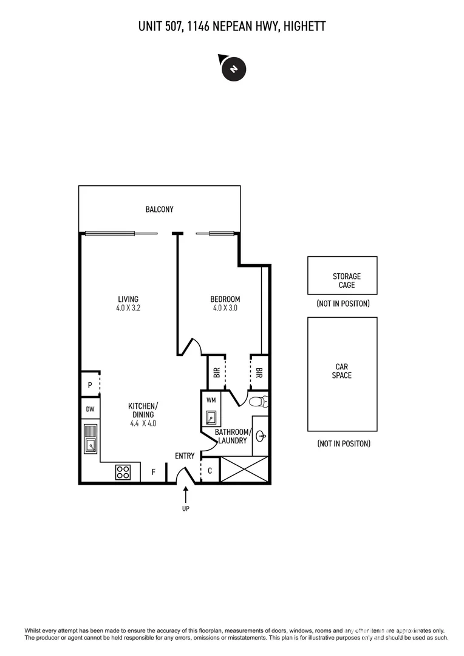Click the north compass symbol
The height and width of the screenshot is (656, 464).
tap(233, 68)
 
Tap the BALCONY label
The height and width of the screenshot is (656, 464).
tap(159, 210)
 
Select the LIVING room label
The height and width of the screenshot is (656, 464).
tap(128, 299)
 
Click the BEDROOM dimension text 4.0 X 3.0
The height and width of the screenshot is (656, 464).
tap(225, 308)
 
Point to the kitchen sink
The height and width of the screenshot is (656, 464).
tap(90, 439)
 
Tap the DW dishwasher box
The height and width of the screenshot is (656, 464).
tap(89, 409)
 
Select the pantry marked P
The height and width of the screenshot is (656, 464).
tap(89, 384)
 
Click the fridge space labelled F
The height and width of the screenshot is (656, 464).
tap(153, 471)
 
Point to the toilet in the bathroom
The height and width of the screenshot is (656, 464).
tap(258, 401)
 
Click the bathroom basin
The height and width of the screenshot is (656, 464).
tap(261, 436)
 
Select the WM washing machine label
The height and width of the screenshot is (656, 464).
tap(211, 400)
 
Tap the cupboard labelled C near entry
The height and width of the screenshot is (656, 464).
tap(210, 471)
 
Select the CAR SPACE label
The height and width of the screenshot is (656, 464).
tap(342, 371)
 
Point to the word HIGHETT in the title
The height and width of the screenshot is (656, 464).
tap(302, 26)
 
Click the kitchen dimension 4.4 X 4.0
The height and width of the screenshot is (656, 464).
tap(143, 423)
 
